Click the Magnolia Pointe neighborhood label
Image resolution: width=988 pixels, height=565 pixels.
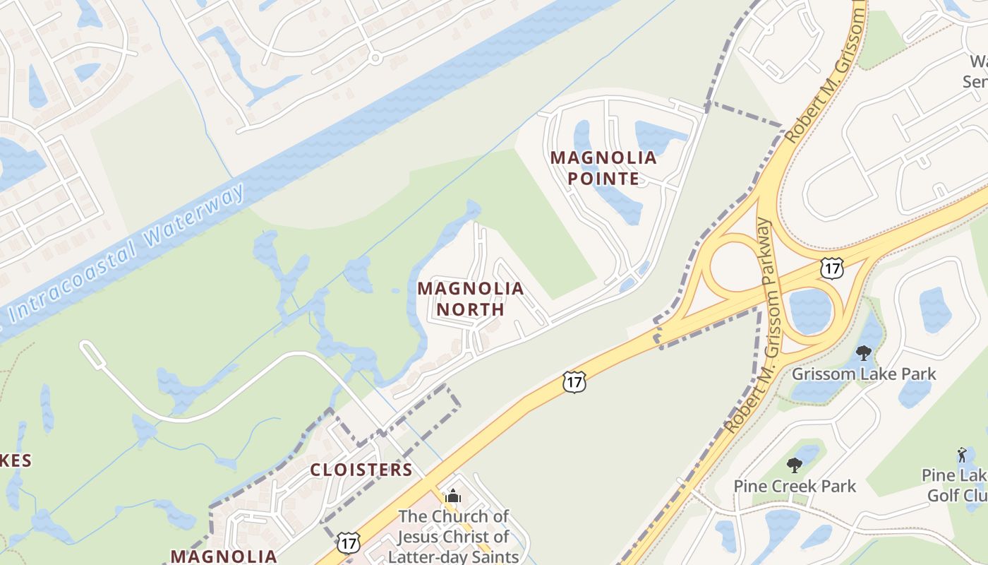(603, 167)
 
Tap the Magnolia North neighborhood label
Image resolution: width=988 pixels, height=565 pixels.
(470, 299)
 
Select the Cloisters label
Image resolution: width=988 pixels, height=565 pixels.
(361, 470)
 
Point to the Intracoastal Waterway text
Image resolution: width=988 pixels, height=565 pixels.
(127, 251)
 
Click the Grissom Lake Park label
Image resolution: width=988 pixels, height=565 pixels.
(864, 374)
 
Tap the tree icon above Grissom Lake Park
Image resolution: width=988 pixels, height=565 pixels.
(863, 352)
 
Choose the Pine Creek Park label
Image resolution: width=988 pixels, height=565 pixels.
(795, 486)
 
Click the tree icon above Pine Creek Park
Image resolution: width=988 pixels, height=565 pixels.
(795, 465)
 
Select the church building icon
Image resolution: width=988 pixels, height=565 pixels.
(453, 496)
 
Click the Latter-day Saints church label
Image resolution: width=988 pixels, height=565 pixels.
(453, 536)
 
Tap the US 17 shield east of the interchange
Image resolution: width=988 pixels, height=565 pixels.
(832, 268)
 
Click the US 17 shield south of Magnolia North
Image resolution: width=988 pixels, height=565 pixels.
(574, 382)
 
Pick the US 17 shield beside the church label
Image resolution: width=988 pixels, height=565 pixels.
(348, 543)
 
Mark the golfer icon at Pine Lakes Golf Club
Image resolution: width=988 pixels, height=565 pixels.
(962, 454)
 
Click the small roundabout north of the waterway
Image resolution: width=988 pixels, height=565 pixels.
(375, 57)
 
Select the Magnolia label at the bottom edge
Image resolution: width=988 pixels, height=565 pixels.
(224, 556)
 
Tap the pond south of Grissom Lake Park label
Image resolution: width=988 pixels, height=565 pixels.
(914, 393)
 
